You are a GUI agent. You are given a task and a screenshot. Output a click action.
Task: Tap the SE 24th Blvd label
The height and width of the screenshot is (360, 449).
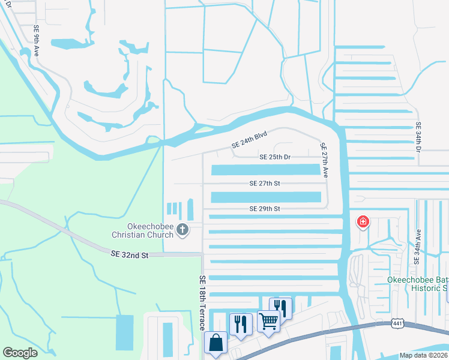[249, 140]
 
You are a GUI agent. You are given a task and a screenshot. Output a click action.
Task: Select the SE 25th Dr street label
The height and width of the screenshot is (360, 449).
[275, 157]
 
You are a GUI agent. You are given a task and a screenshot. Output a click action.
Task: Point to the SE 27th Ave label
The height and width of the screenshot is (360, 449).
[324, 160]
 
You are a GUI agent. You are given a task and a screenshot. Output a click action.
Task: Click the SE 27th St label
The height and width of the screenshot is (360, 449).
[265, 183]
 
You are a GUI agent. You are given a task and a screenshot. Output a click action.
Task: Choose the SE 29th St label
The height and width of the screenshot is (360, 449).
[265, 209]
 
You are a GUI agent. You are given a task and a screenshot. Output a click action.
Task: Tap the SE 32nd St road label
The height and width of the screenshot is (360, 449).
[129, 255]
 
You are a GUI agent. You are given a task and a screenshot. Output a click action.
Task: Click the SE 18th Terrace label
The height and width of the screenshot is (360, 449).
[202, 302]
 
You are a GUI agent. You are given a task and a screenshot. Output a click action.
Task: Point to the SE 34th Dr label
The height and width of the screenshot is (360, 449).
[418, 137]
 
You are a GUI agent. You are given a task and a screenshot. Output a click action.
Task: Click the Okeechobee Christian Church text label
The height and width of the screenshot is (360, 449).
[142, 230]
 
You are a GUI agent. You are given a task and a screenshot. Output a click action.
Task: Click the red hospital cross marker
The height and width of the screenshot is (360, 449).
[363, 223]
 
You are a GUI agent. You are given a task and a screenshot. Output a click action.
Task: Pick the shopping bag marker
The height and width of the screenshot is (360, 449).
[216, 343]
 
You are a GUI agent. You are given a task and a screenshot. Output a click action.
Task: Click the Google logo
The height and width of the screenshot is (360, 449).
[20, 353]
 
